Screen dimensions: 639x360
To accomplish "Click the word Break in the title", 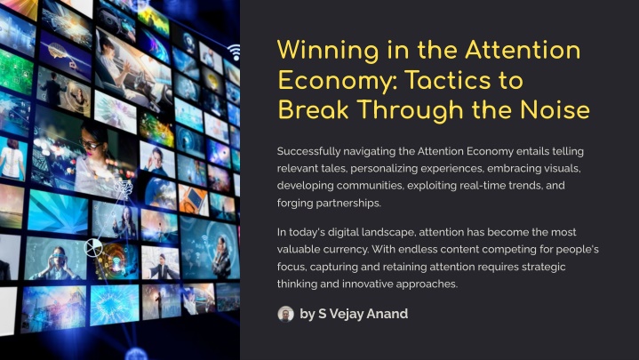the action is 314,110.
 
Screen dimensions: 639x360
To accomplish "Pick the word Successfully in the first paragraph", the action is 308,152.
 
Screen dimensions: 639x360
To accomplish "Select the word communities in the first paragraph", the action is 371,186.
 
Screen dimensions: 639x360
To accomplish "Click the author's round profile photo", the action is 285,314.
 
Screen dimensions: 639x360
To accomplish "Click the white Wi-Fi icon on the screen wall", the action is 235,52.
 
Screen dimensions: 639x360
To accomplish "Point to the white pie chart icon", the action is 93,247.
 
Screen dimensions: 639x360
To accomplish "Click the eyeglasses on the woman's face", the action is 90,144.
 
